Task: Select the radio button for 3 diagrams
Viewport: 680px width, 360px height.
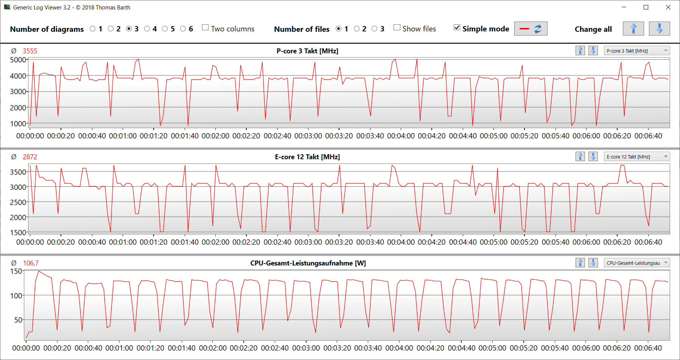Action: (x=129, y=29)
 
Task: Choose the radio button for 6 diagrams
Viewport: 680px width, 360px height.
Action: (x=183, y=29)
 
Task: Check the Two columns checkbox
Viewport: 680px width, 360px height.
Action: (x=205, y=28)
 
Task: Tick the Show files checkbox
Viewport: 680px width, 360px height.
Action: (x=397, y=28)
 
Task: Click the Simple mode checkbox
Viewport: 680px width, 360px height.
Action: (x=457, y=28)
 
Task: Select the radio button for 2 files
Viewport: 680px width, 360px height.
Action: (x=357, y=29)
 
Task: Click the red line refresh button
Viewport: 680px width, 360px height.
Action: (x=531, y=29)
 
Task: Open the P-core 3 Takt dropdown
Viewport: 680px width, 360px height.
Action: (x=637, y=51)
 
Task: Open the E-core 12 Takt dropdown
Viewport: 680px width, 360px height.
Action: (x=637, y=157)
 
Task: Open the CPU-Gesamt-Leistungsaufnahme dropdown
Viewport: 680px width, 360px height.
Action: (x=637, y=263)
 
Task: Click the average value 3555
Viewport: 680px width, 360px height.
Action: (x=30, y=51)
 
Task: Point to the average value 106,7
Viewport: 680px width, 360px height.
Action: (x=31, y=263)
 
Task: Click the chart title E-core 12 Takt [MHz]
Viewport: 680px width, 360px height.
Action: (x=307, y=157)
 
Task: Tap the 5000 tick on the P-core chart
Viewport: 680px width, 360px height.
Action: (x=18, y=60)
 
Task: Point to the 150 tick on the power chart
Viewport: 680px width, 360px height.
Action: (x=16, y=271)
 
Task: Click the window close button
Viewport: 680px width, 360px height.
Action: (x=668, y=7)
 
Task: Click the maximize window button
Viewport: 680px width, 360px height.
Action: (x=646, y=7)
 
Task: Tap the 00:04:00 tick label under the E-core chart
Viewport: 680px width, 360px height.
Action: (x=401, y=242)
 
